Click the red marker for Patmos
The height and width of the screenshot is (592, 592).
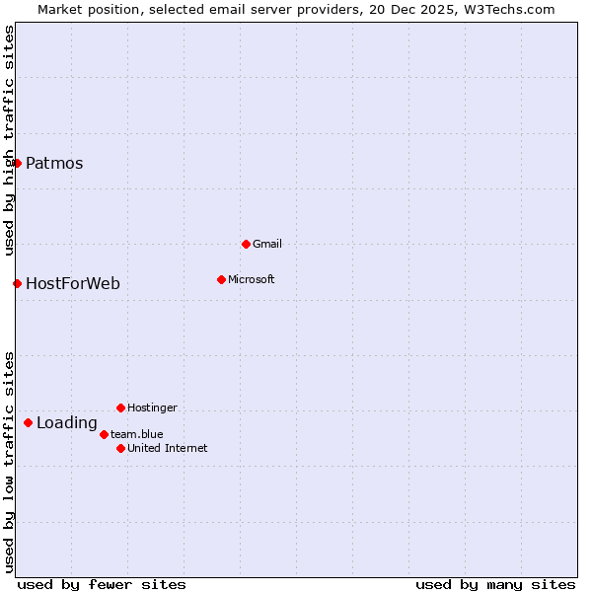(x=17, y=163)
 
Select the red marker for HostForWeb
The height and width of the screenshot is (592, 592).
(x=17, y=283)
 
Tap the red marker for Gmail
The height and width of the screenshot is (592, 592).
(x=246, y=244)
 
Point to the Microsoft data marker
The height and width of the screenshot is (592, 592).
(x=221, y=279)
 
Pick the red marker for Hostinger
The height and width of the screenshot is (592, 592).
(x=120, y=407)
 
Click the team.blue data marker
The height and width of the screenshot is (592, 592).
(x=104, y=434)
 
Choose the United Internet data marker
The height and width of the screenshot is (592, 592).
(x=120, y=448)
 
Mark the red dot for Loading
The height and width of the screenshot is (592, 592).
(x=28, y=422)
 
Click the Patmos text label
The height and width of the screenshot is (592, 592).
(x=54, y=164)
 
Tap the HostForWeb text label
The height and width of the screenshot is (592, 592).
(x=72, y=284)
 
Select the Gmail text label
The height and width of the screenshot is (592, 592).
(x=267, y=244)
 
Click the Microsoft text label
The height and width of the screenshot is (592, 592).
(x=251, y=279)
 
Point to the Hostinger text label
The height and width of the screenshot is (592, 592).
(x=152, y=407)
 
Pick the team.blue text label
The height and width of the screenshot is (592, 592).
(x=137, y=434)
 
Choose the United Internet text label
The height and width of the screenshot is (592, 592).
(x=167, y=448)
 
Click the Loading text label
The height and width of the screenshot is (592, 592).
(x=66, y=423)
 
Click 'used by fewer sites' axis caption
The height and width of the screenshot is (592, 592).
(x=102, y=584)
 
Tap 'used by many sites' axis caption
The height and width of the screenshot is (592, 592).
(x=495, y=584)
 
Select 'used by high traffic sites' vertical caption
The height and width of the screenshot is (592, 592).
(x=9, y=140)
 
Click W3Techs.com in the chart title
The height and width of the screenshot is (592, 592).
(x=509, y=10)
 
